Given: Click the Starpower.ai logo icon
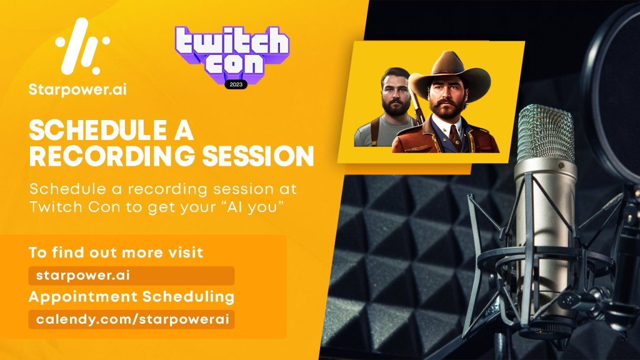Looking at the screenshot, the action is coord(83,46).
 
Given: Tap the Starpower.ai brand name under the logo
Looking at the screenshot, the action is coord(77,89).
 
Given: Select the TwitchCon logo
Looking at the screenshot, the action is coord(232,56).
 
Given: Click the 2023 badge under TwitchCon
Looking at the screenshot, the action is coord(236,84).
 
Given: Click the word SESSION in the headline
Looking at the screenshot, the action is coord(258,156).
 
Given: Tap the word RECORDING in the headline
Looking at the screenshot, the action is coord(112,156).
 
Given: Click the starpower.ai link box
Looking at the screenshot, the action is coord(131,276).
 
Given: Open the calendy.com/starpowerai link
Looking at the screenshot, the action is coord(131,319).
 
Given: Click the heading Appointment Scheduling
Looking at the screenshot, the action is coord(131,297).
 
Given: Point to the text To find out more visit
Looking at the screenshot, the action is coord(116,252).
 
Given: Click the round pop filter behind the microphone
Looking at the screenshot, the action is coord(612,94).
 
